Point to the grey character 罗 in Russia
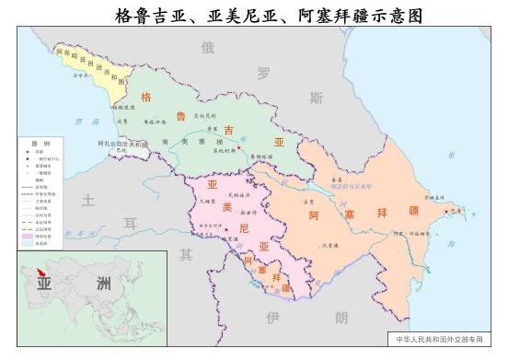tap(264, 71)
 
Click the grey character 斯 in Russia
tap(316, 98)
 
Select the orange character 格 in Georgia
tap(145, 96)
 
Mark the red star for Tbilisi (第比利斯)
tap(238, 149)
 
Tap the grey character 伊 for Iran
tap(271, 318)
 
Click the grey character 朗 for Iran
tap(341, 318)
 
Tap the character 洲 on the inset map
tap(103, 282)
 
